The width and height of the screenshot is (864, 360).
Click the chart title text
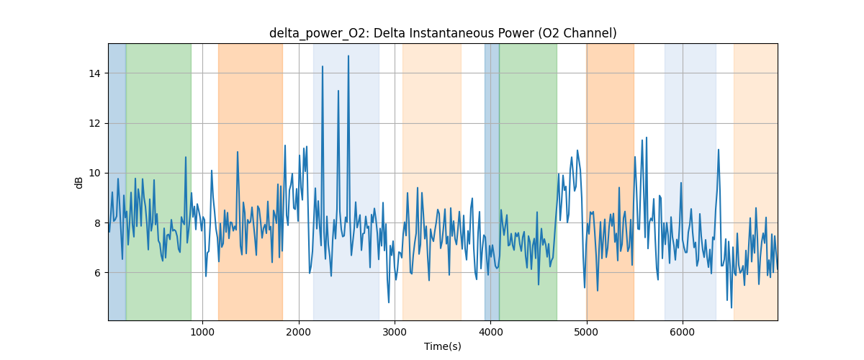coord(443,33)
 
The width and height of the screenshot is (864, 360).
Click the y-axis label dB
coord(79,182)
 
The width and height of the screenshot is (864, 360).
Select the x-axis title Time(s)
coord(443,346)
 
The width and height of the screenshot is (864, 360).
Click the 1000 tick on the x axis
coord(202,332)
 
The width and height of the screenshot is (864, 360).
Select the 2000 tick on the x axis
coord(299,332)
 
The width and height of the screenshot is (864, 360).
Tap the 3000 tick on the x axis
coord(395,332)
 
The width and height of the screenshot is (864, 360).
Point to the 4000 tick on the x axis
coord(490,332)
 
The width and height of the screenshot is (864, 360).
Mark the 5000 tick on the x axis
coord(587,332)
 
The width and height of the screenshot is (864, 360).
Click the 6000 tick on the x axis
coord(683,332)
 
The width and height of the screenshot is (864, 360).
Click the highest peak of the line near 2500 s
coord(348,56)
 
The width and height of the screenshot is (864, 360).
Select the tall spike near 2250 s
coord(323,66)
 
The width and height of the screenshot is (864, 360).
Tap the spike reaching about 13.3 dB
coord(338,91)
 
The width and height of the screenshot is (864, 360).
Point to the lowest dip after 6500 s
coord(732,307)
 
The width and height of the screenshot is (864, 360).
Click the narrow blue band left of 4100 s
coord(492,180)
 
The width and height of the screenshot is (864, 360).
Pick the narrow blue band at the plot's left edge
coord(117,180)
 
